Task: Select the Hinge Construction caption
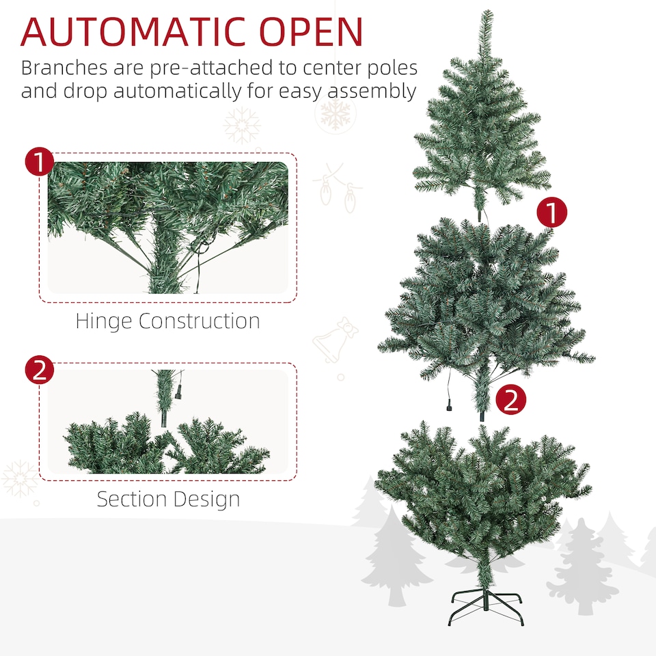(x=167, y=321)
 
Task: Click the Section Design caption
(x=168, y=499)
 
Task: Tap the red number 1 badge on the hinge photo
(x=39, y=163)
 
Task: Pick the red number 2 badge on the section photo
(x=39, y=370)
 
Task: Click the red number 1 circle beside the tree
(x=551, y=213)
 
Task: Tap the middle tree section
(x=485, y=301)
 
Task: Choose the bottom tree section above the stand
(x=482, y=492)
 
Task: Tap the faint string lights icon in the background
(x=338, y=189)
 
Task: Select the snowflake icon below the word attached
(x=242, y=126)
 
